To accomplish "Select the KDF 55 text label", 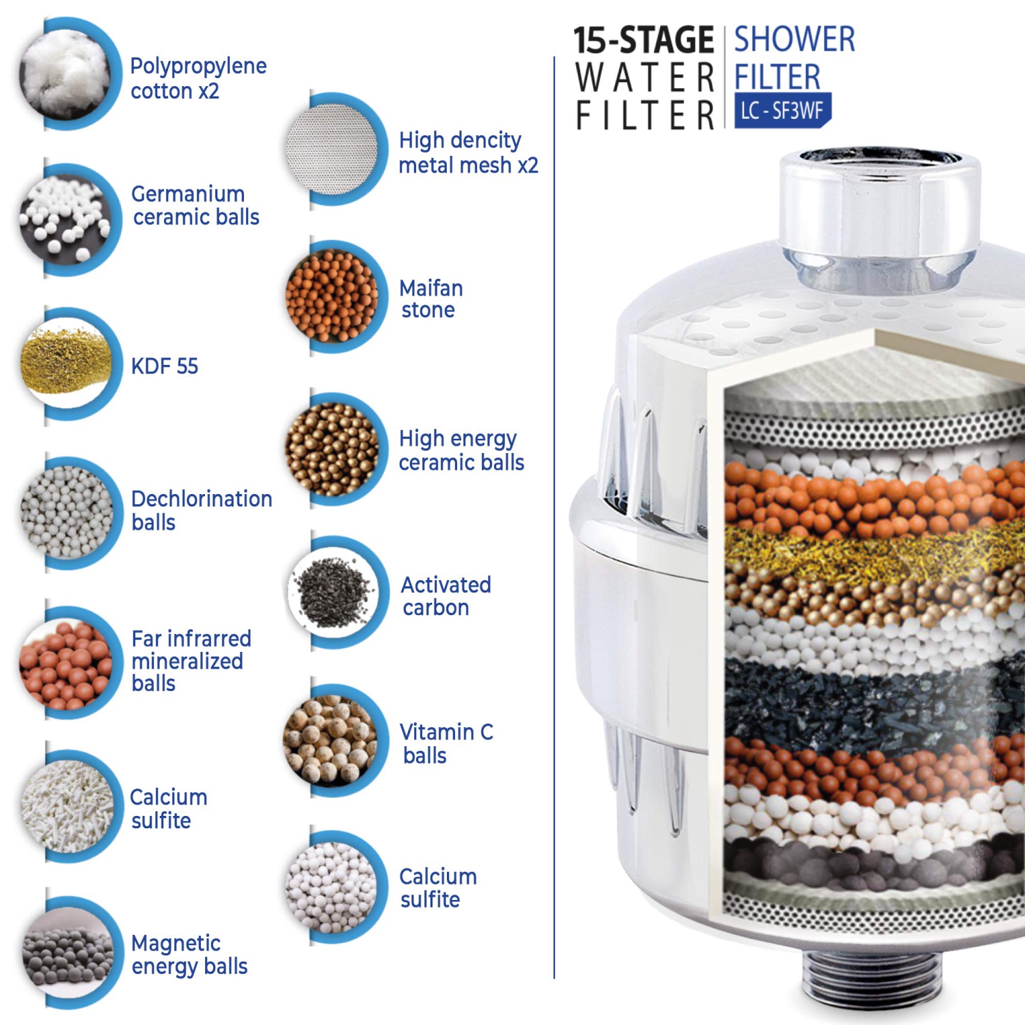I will [x=165, y=366].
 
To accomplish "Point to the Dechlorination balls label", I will [x=201, y=510].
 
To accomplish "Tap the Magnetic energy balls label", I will [x=189, y=955].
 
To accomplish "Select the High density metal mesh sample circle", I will [x=333, y=149].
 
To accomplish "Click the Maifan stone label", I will [x=430, y=299].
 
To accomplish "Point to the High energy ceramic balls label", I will [x=461, y=450].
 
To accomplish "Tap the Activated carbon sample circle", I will [x=333, y=592].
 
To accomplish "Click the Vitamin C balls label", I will [x=446, y=743].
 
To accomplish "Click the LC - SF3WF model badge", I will [x=782, y=110].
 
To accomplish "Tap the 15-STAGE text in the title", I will [x=643, y=40].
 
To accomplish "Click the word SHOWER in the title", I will [x=794, y=40].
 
